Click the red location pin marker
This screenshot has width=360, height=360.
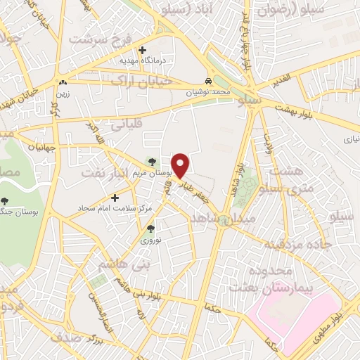click(181, 165)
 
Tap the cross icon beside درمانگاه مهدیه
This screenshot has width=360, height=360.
click(143, 50)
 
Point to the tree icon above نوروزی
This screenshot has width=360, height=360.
click(150, 229)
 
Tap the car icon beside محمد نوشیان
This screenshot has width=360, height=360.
click(207, 80)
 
